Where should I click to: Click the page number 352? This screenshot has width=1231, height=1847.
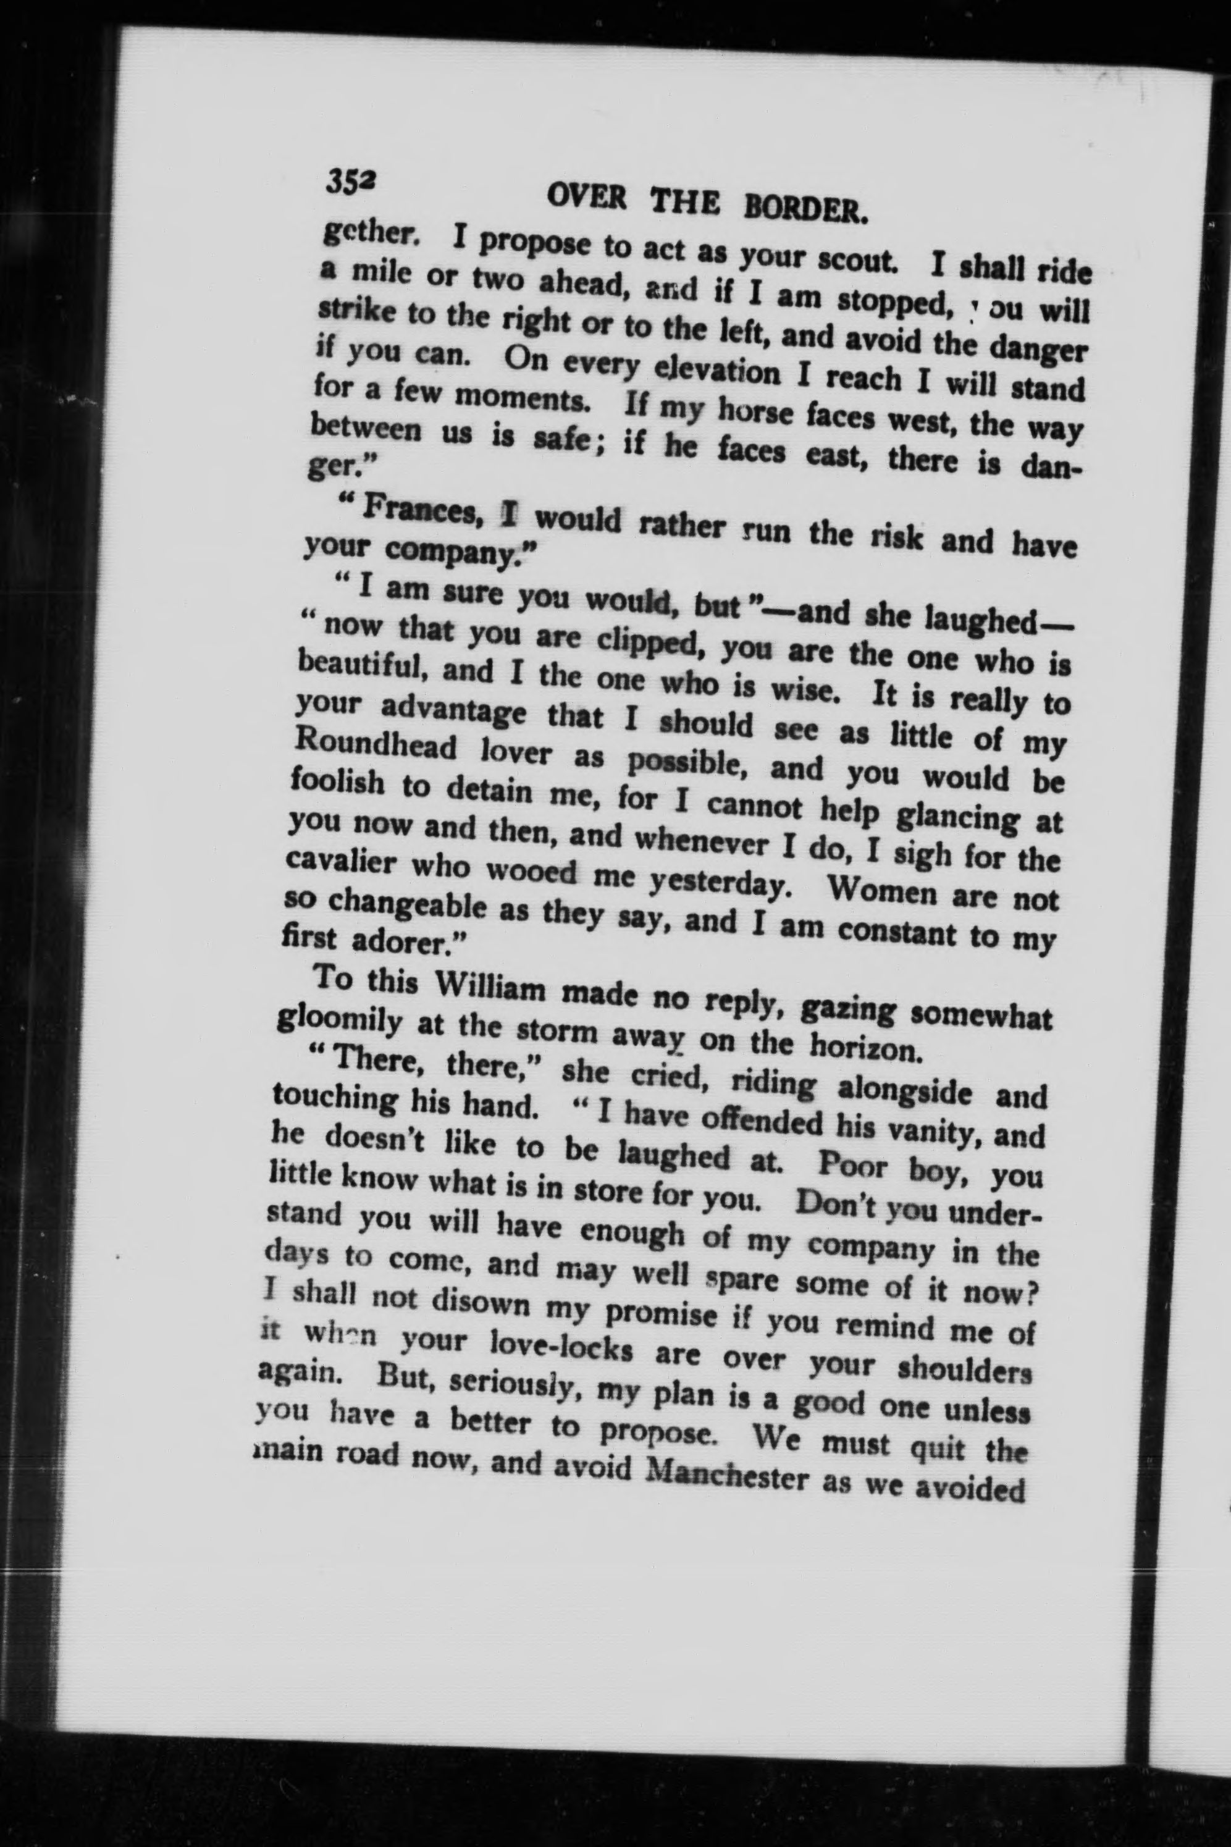[x=351, y=186]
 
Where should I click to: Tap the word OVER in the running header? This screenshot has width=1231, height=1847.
[x=585, y=197]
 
